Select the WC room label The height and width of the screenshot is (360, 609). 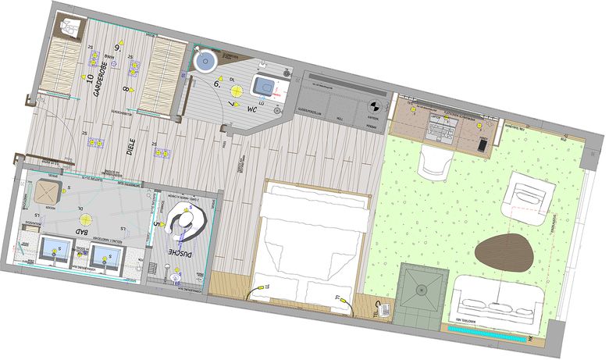pyautogui.click(x=251, y=110)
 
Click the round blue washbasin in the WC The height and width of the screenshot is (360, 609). pyautogui.click(x=205, y=60)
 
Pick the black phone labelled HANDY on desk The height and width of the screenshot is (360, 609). pyautogui.click(x=483, y=144)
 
